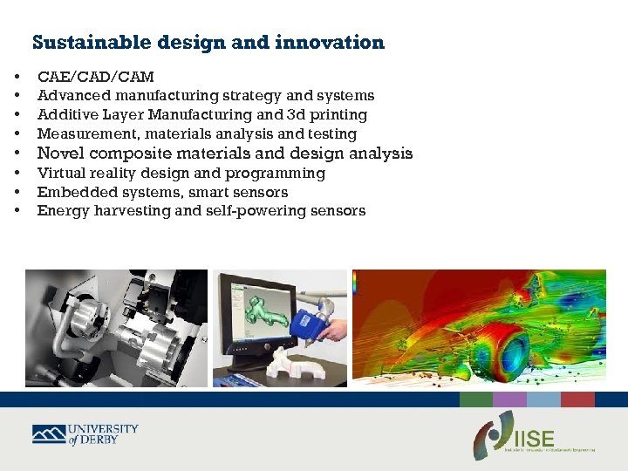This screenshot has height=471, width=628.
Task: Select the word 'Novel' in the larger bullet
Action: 58,154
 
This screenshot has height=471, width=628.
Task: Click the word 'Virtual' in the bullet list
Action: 59,173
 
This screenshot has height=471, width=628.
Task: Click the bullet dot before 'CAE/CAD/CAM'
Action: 17,77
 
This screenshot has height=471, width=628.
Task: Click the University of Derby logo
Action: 85,434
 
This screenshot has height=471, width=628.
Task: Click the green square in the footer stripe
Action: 476,399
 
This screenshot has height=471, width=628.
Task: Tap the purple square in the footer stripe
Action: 509,399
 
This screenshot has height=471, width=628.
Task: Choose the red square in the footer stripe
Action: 577,399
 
